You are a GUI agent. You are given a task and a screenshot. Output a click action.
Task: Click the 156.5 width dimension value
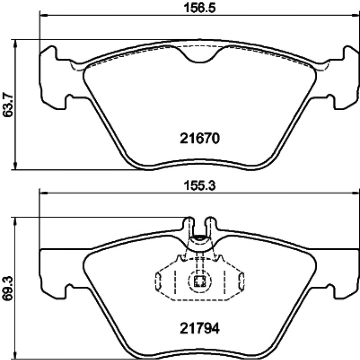[200, 8]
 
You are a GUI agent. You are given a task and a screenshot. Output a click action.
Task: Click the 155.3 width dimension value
[200, 185]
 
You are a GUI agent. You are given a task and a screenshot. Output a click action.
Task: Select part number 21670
[199, 139]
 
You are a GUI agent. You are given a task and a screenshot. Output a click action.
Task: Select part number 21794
[199, 328]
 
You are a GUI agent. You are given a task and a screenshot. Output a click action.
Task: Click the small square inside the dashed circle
[199, 281]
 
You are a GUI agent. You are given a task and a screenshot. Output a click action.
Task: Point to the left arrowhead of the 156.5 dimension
[44, 15]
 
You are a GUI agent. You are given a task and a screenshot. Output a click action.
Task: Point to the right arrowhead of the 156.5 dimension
[355, 15]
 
